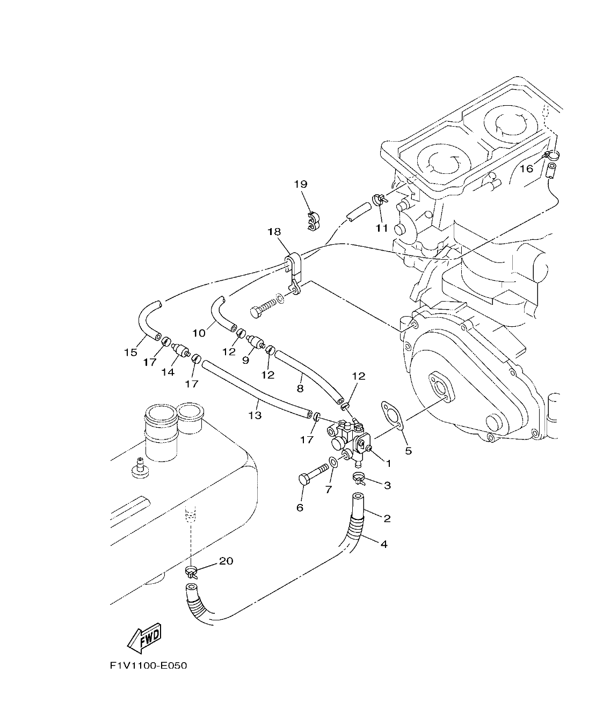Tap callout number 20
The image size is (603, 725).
click(x=226, y=561)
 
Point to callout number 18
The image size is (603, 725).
click(x=274, y=231)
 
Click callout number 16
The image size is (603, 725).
click(x=526, y=169)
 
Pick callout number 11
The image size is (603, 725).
click(x=381, y=228)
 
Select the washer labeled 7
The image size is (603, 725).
click(x=334, y=463)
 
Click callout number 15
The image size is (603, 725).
click(x=130, y=353)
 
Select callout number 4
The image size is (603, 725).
click(x=383, y=544)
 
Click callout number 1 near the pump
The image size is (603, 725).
click(x=388, y=463)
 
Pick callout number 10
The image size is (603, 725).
click(x=199, y=333)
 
